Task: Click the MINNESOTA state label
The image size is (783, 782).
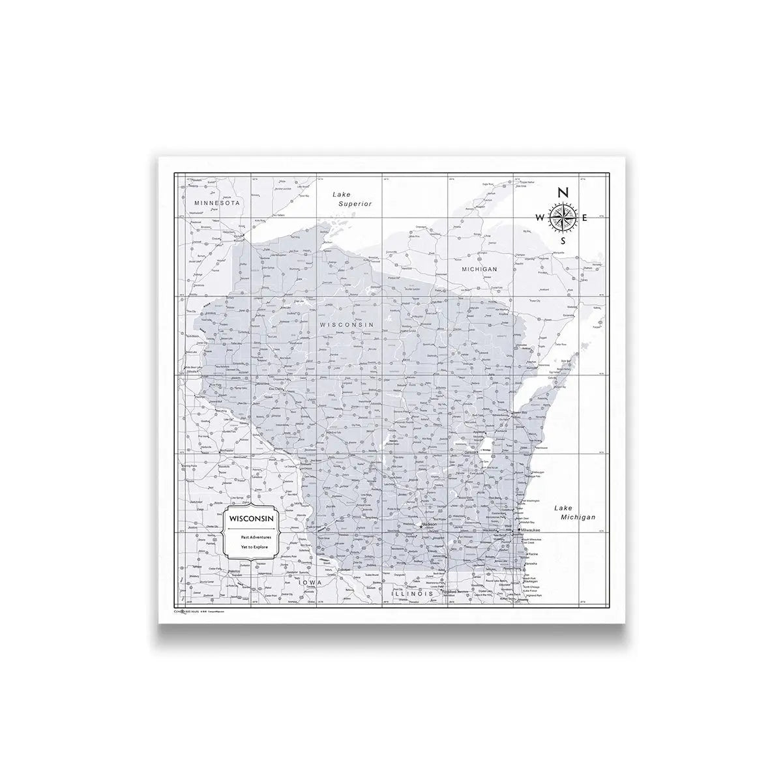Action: [x=218, y=203]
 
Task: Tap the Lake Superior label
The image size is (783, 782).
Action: [x=351, y=199]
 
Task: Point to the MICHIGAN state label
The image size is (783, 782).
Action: [x=479, y=268]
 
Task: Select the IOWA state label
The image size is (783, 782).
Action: [x=310, y=582]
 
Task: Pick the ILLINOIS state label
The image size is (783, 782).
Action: [x=411, y=594]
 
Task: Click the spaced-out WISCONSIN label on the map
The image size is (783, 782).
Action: [x=346, y=324]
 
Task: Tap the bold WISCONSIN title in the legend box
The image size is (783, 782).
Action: [x=251, y=517]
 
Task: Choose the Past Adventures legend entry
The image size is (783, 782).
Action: [x=251, y=537]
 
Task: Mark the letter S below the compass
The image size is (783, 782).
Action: [x=563, y=240]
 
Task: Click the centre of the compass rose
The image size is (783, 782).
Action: [x=563, y=217]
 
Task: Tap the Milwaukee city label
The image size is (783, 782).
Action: [x=532, y=532]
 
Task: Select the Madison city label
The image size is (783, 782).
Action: [x=430, y=524]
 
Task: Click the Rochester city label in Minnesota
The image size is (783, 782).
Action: [x=231, y=450]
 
